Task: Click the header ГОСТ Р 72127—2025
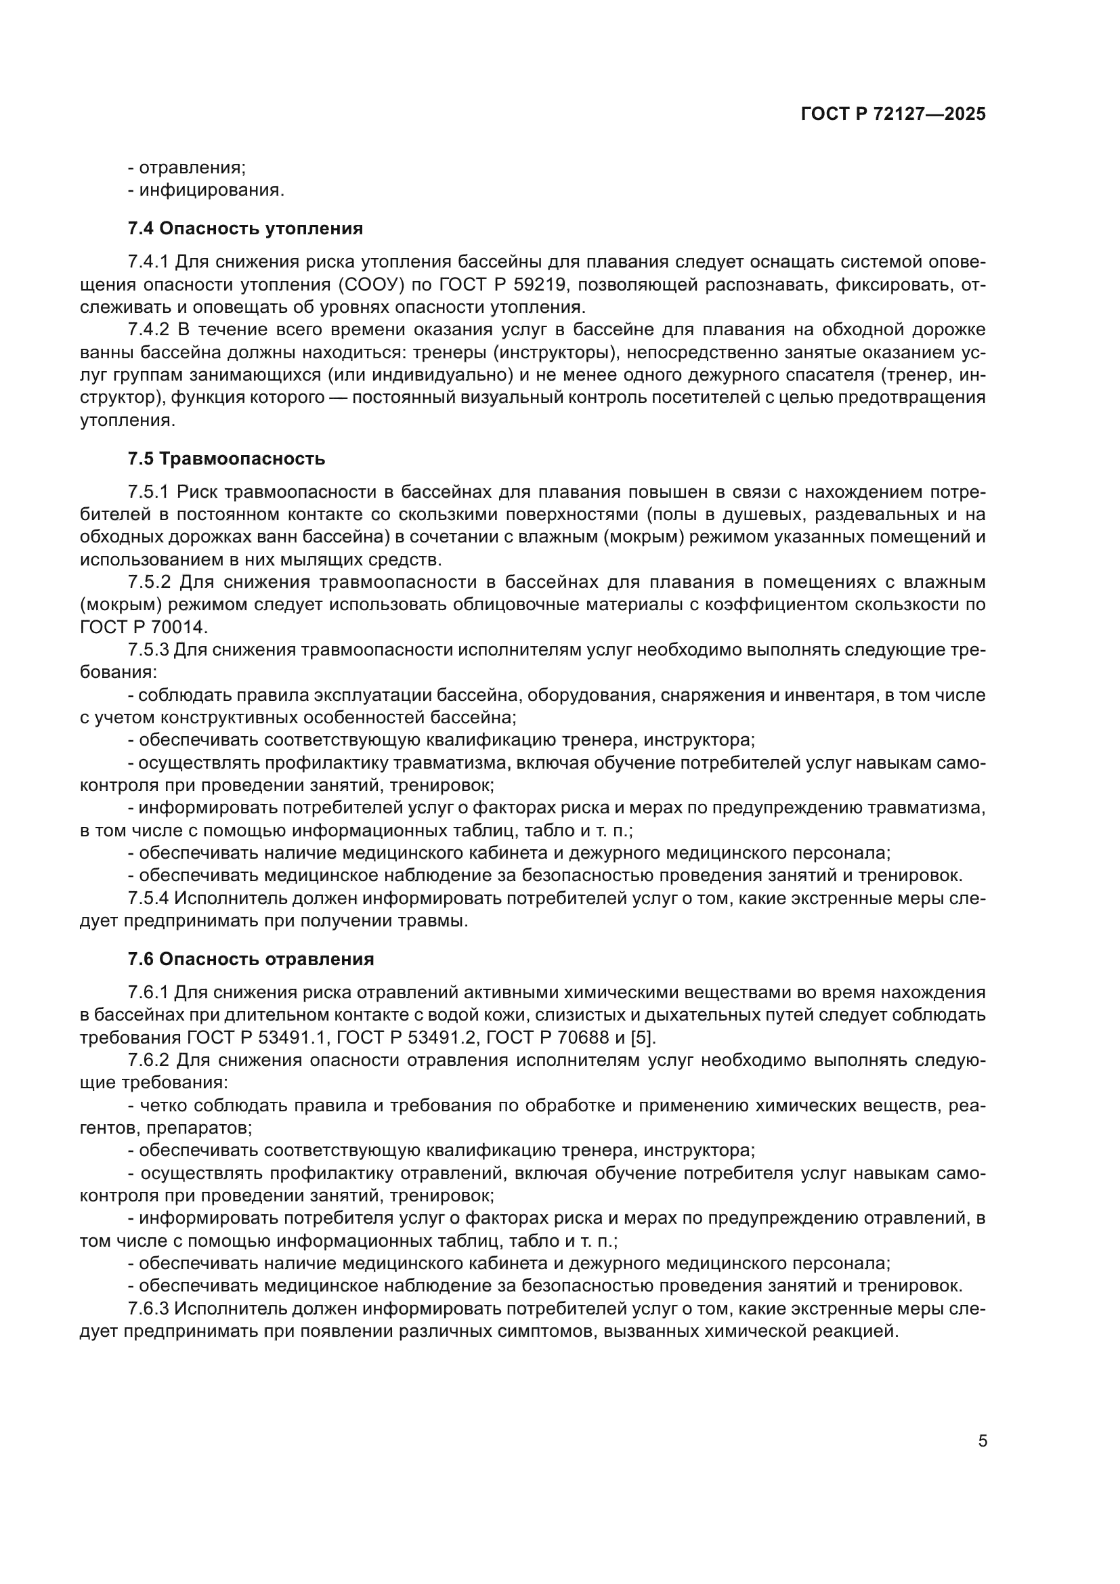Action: (893, 114)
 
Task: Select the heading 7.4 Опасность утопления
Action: (245, 228)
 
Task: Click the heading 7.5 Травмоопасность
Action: (226, 458)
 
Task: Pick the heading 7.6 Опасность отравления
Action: (251, 959)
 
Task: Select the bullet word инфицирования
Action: (211, 190)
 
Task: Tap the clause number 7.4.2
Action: (148, 330)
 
